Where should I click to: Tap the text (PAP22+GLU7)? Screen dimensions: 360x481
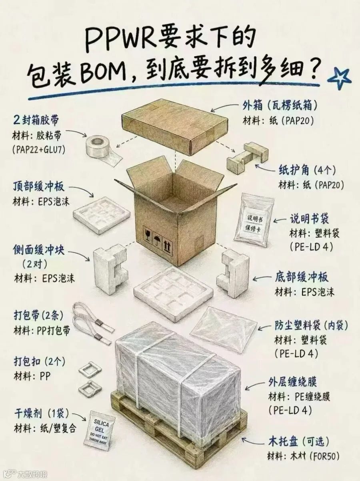tap(38, 150)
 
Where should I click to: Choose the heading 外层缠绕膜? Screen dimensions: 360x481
tap(293, 383)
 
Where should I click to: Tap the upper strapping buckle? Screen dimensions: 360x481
tap(87, 369)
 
